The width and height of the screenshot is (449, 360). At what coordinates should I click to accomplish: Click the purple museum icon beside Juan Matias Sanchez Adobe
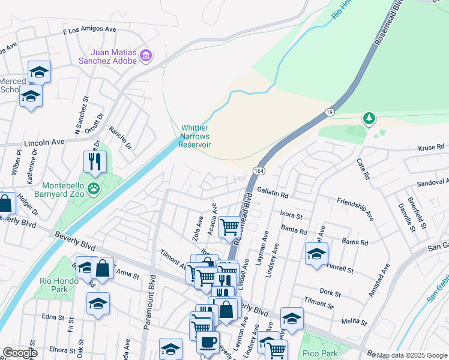(146, 56)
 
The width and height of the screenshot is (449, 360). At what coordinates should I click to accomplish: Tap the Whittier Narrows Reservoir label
(196, 136)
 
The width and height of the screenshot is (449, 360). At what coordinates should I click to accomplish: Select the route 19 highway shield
(330, 112)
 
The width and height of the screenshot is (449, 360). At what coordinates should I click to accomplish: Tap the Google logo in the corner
(20, 353)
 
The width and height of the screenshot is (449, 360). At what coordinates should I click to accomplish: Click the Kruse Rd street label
(431, 146)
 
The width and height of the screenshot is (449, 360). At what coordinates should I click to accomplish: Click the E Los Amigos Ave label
(90, 29)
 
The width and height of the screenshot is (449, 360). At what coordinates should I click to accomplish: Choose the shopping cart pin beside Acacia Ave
(229, 226)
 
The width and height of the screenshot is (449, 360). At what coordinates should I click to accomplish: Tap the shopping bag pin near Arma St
(103, 268)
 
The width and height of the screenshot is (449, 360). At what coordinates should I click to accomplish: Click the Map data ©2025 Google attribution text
(412, 355)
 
